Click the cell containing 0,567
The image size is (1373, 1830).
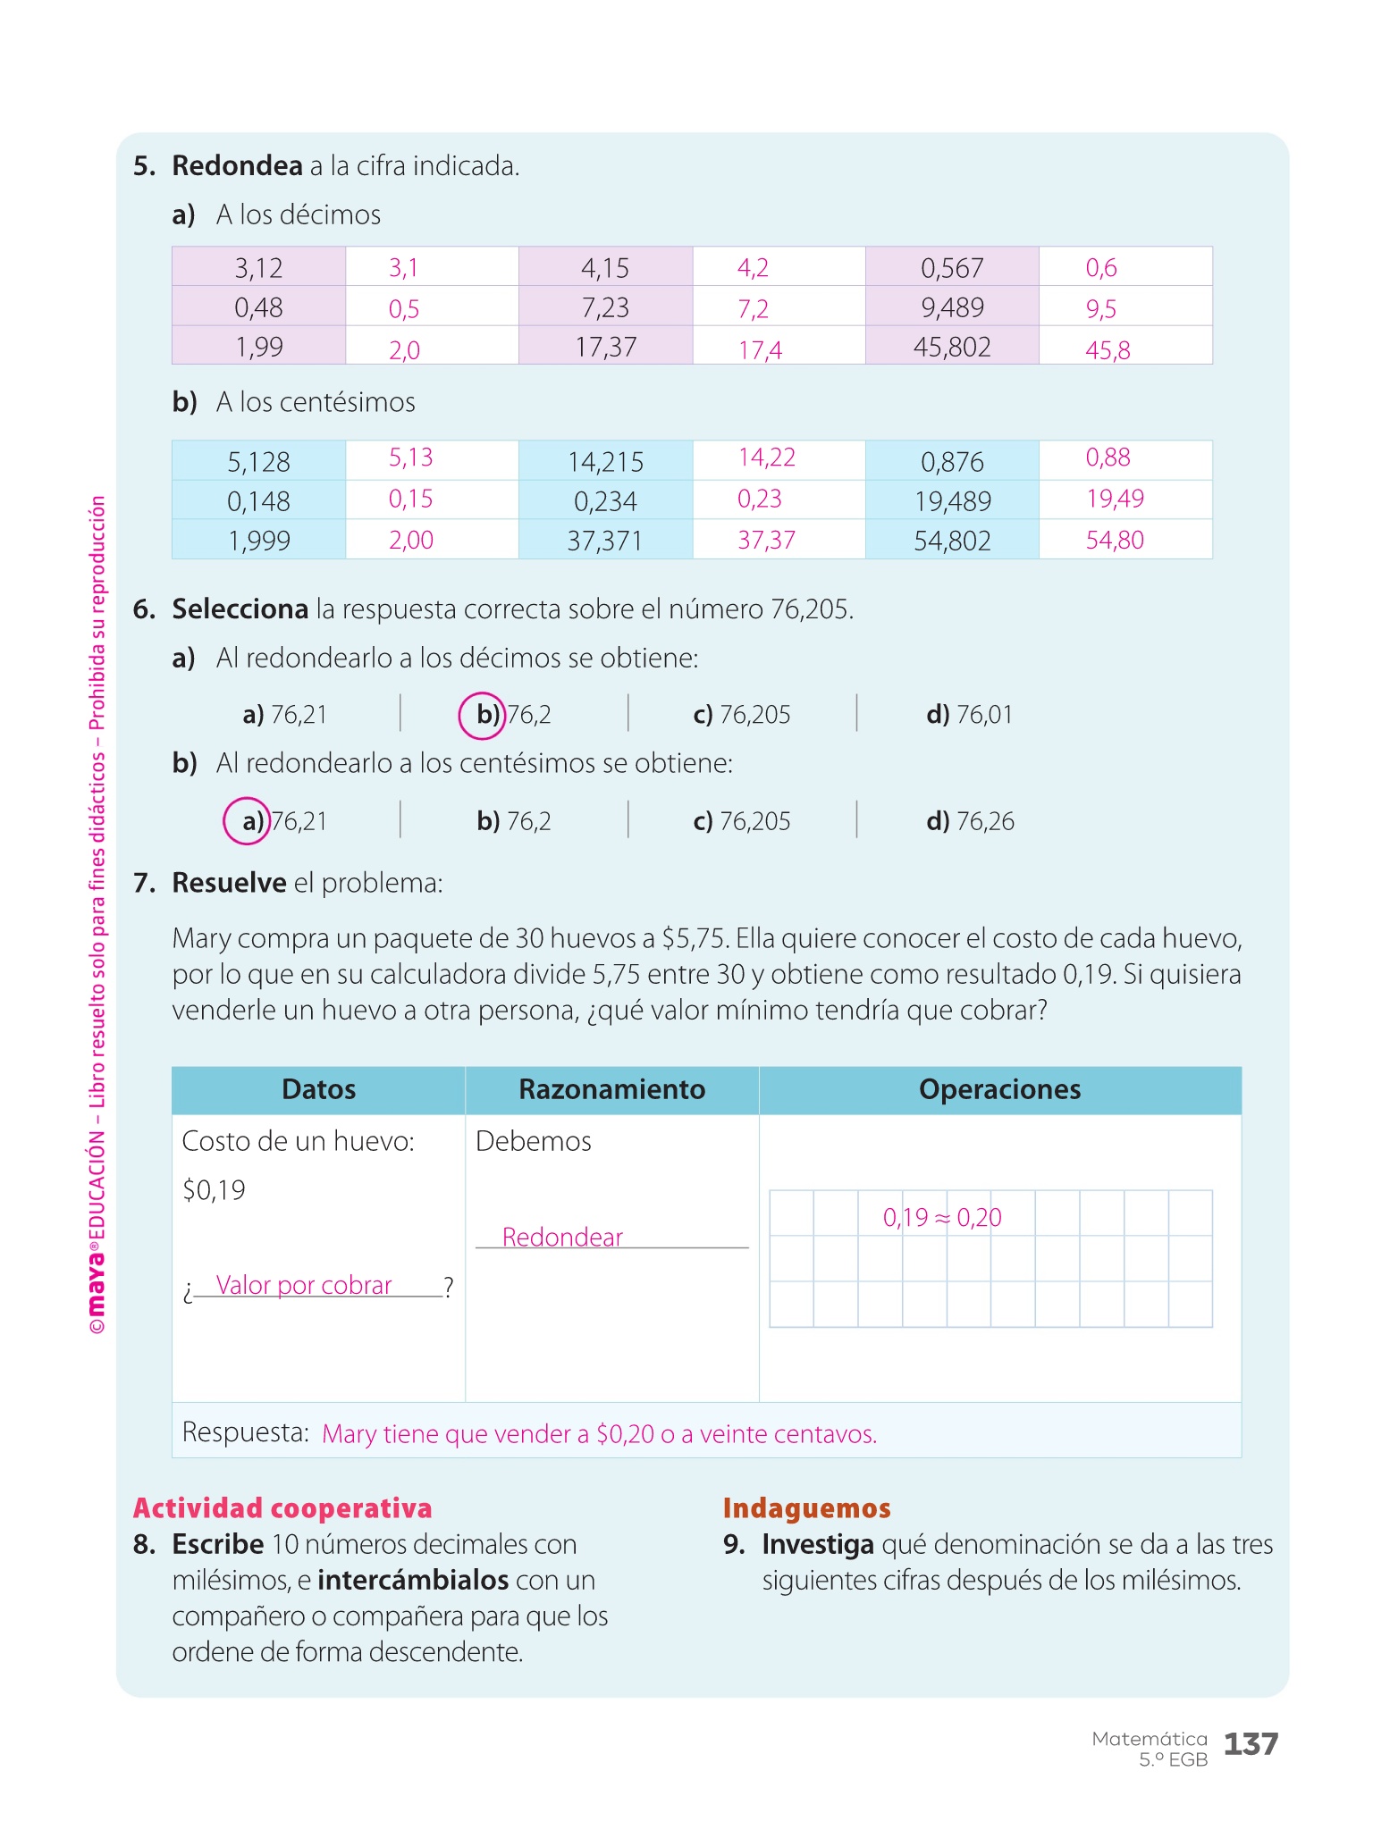coord(952,267)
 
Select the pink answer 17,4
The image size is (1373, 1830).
coord(760,350)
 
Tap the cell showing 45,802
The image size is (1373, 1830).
coord(952,347)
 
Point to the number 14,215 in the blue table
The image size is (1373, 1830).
coord(605,462)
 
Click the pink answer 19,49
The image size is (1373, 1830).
coord(1115,499)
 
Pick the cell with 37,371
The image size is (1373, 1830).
coord(605,541)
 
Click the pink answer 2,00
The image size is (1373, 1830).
coord(411,540)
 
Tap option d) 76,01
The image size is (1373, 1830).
coord(969,715)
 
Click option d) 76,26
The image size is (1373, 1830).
coord(970,821)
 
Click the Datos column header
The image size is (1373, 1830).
coord(318,1089)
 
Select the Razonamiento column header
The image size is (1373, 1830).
coord(611,1089)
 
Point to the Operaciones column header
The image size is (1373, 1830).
coord(999,1089)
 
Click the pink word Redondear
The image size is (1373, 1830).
coord(562,1237)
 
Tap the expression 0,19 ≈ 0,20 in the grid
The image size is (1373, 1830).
coord(942,1217)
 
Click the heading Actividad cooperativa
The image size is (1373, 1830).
coord(282,1508)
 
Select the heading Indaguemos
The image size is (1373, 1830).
coord(806,1508)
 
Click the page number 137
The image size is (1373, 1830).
coord(1251,1743)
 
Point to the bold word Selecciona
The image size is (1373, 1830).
coord(240,609)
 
